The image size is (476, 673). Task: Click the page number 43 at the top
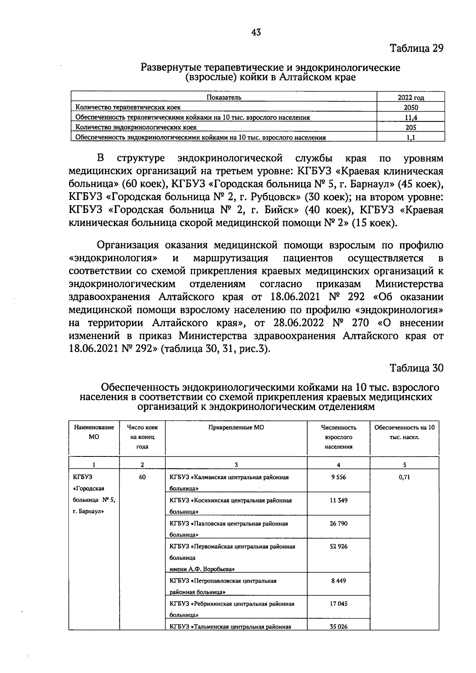(x=256, y=33)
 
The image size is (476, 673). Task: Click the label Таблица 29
(x=416, y=48)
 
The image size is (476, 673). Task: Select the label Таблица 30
(x=416, y=368)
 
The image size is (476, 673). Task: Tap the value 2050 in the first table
(x=411, y=107)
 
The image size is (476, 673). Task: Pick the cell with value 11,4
(x=411, y=117)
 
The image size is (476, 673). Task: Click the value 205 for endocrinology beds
(x=411, y=128)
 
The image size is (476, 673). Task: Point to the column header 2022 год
(x=411, y=98)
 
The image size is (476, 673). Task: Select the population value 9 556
(x=338, y=477)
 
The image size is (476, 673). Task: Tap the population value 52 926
(x=338, y=546)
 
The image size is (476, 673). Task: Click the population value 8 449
(x=338, y=581)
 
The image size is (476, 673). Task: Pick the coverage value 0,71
(x=404, y=477)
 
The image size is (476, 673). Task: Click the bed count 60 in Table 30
(x=142, y=477)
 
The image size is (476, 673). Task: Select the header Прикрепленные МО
(x=236, y=428)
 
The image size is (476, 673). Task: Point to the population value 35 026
(x=338, y=627)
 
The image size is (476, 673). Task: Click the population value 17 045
(x=338, y=604)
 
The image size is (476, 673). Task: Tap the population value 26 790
(x=338, y=523)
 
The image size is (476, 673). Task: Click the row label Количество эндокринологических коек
(x=136, y=128)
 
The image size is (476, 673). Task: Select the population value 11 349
(x=338, y=500)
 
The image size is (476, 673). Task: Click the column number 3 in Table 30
(x=236, y=465)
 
